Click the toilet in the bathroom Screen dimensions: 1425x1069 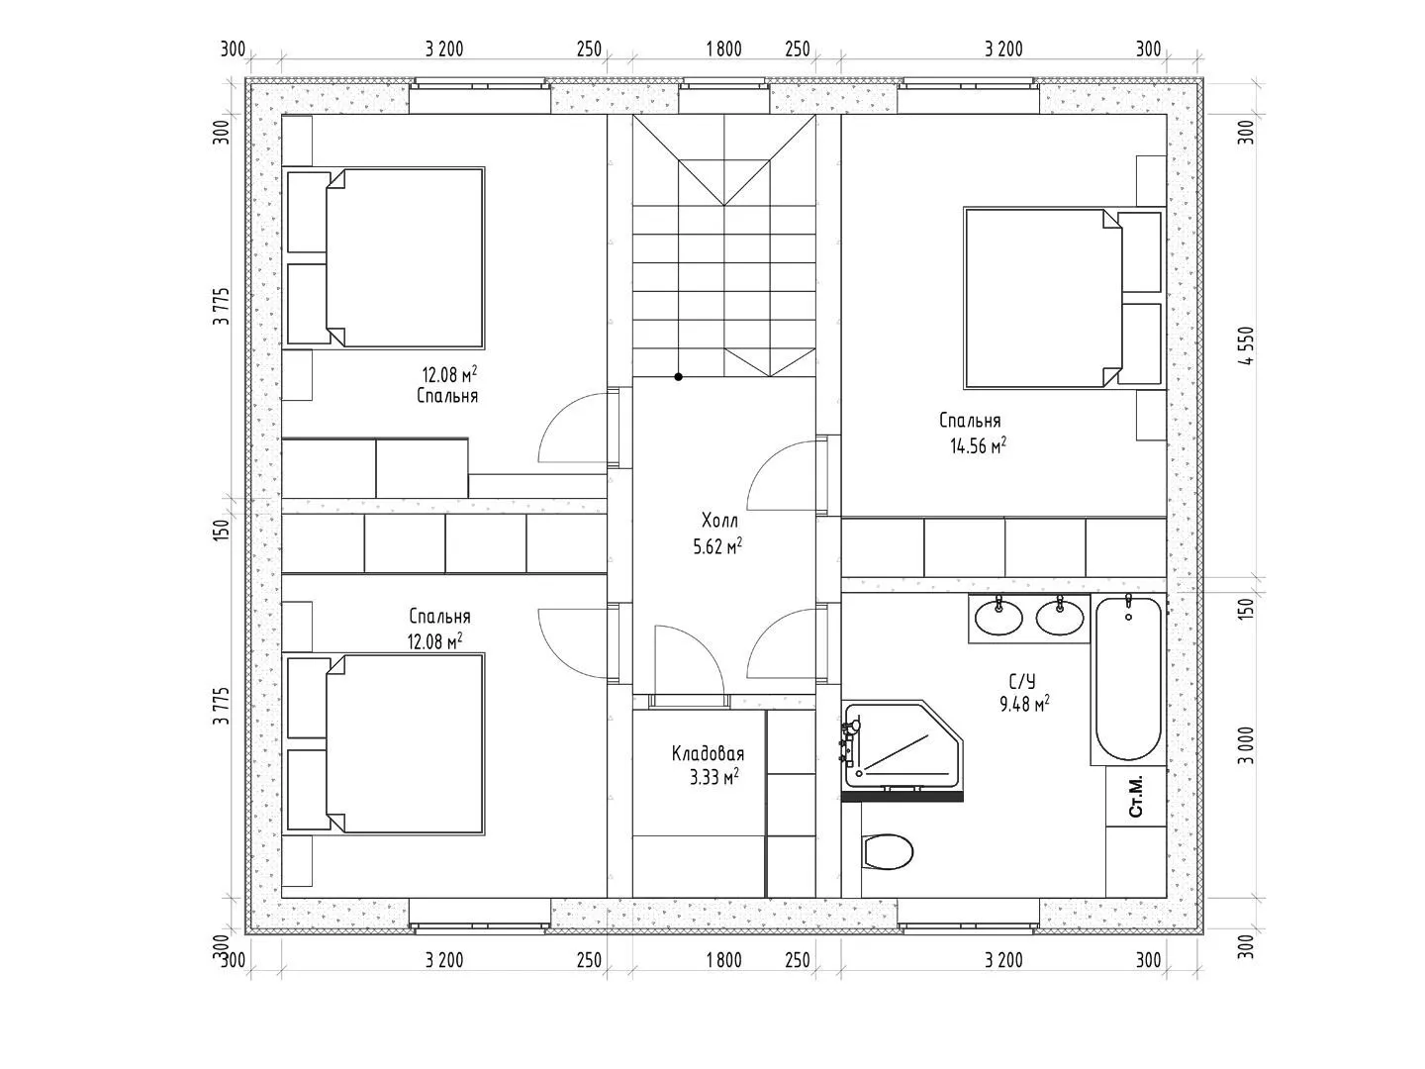point(888,851)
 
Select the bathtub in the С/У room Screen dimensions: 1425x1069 point(1128,678)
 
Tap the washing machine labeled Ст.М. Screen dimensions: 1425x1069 point(1135,797)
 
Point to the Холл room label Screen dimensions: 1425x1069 point(719,521)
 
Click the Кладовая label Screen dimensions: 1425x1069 point(708,753)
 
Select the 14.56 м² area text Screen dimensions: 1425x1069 point(979,445)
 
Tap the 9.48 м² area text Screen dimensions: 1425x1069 point(1024,704)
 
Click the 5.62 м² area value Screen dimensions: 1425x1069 point(717,546)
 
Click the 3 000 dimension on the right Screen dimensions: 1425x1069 point(1247,745)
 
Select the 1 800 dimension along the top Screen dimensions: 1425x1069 point(723,49)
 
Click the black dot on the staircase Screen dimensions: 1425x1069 point(679,376)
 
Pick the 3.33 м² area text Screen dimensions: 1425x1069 point(714,777)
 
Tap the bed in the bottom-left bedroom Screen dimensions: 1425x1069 point(386,743)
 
